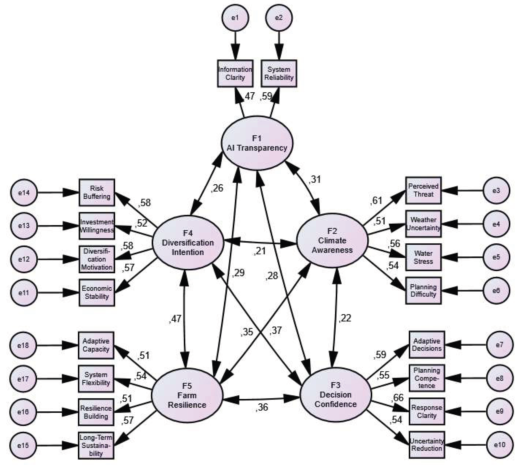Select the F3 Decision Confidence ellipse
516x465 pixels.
coord(335,395)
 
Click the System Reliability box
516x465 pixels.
coord(279,73)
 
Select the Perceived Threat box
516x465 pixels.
coord(423,190)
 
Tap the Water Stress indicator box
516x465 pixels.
coord(423,257)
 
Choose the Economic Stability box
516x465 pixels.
coord(97,293)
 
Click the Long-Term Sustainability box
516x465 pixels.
coord(96,445)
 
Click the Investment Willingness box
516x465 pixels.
coord(97,226)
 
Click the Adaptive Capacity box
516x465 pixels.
coord(96,345)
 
